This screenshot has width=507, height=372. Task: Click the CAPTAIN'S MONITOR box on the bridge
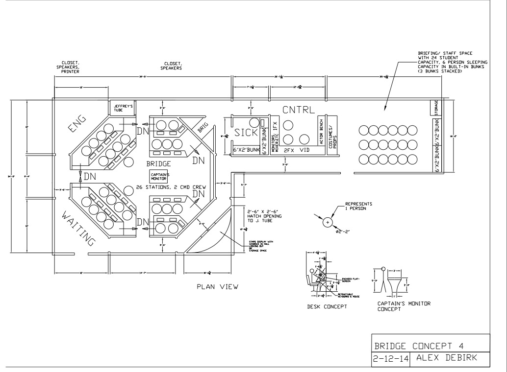pos(158,176)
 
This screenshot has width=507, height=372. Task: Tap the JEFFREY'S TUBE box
pos(121,108)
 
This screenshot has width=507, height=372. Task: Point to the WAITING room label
pos(78,228)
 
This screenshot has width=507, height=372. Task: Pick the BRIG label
pos(203,128)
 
